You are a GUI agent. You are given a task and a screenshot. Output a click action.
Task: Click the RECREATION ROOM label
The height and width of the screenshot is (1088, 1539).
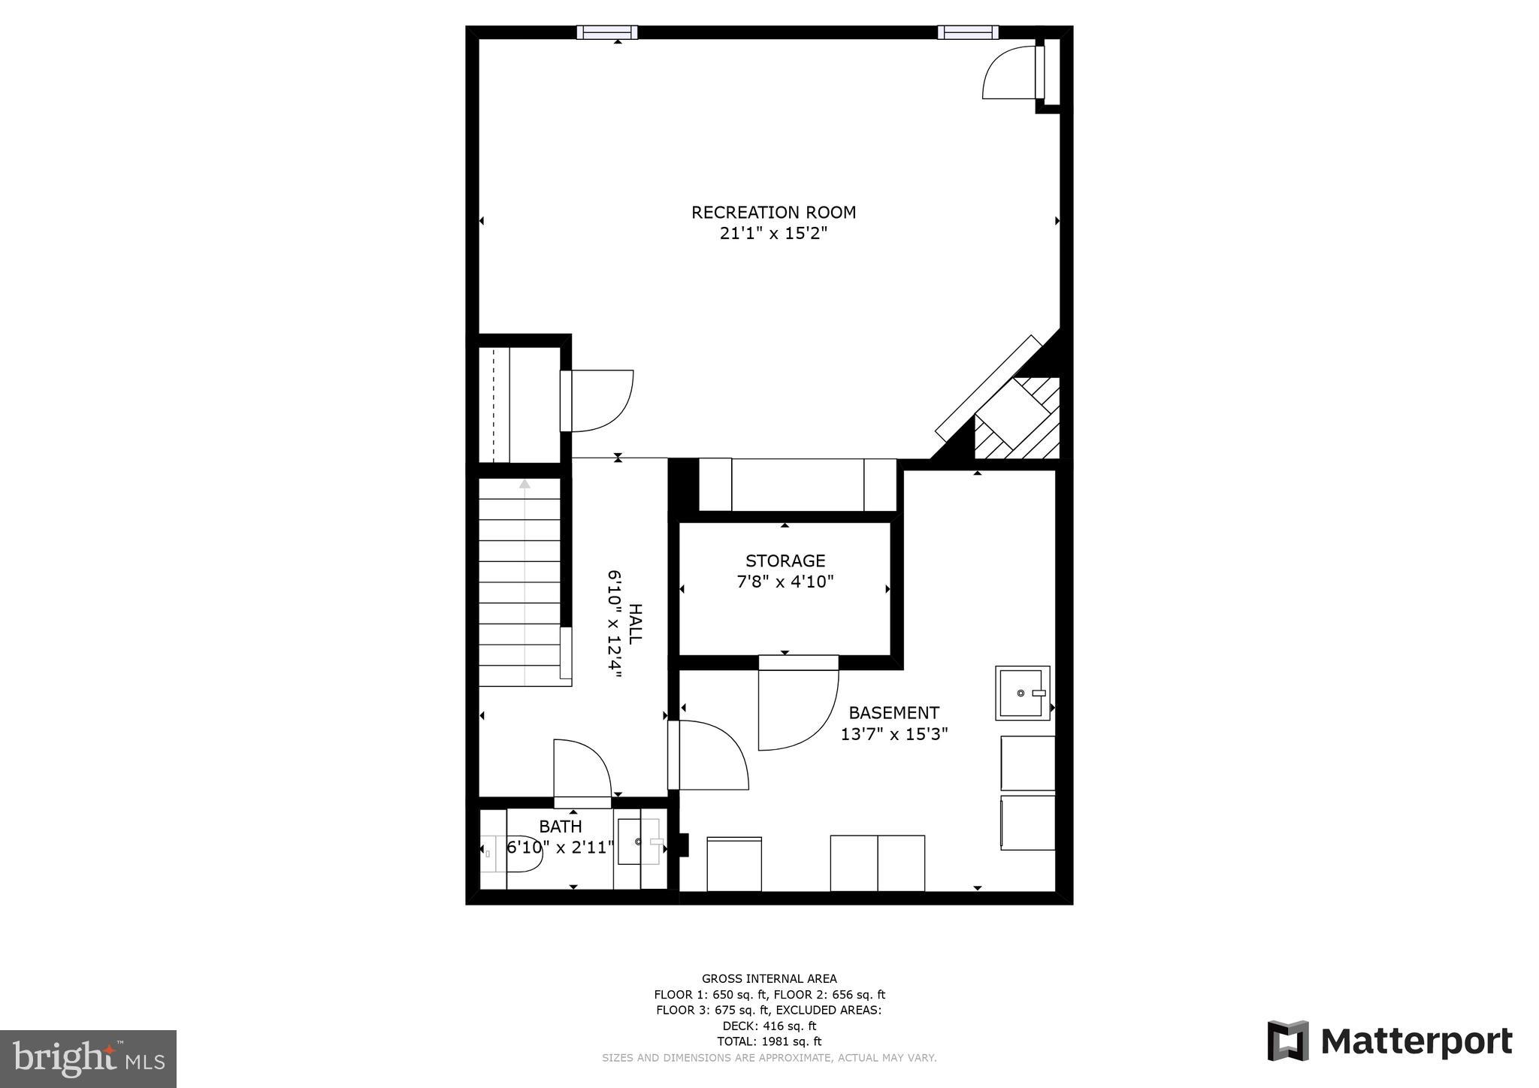pos(773,213)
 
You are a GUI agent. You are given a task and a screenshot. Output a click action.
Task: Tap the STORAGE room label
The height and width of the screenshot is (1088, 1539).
pos(785,561)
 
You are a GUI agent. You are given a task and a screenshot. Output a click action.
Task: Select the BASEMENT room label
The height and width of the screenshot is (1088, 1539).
pos(893,712)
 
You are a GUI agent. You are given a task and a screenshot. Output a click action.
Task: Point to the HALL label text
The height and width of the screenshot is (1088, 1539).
pos(635,623)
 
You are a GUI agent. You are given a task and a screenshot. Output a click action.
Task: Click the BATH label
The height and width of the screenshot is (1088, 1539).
pos(561,827)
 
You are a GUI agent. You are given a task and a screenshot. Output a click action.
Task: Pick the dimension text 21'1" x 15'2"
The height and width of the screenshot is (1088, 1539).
pos(773,234)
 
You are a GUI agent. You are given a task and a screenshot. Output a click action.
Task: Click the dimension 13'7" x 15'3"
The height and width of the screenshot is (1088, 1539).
pos(893,734)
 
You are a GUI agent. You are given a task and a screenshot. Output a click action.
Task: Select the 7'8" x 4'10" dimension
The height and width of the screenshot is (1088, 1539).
pos(785,582)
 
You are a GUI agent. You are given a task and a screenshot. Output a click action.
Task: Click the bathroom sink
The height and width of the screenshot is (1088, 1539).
pos(639,842)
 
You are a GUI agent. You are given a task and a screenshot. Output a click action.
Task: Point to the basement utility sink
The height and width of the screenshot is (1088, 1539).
pos(1022,692)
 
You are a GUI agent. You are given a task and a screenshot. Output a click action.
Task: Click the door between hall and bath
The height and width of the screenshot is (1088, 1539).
pos(582,770)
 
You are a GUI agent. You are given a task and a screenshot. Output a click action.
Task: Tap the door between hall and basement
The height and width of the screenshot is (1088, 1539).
pos(709,755)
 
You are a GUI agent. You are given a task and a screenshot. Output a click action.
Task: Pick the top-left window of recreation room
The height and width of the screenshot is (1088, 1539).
pos(607,32)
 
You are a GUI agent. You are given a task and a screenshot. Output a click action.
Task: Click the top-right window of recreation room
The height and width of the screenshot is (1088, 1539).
pos(968,32)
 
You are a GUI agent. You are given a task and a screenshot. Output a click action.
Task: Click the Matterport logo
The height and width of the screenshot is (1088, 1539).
pos(1389,1042)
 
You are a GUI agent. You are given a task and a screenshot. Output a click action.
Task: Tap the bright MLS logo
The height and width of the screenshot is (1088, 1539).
pos(88,1059)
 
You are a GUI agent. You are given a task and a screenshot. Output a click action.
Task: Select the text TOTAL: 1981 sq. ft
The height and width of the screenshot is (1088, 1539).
pos(769,1041)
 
